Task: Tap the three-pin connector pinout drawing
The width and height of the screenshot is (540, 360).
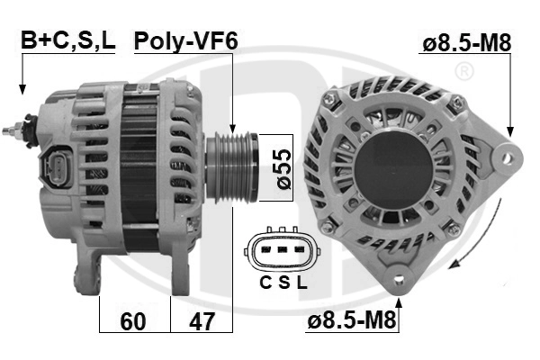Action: coord(283,252)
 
